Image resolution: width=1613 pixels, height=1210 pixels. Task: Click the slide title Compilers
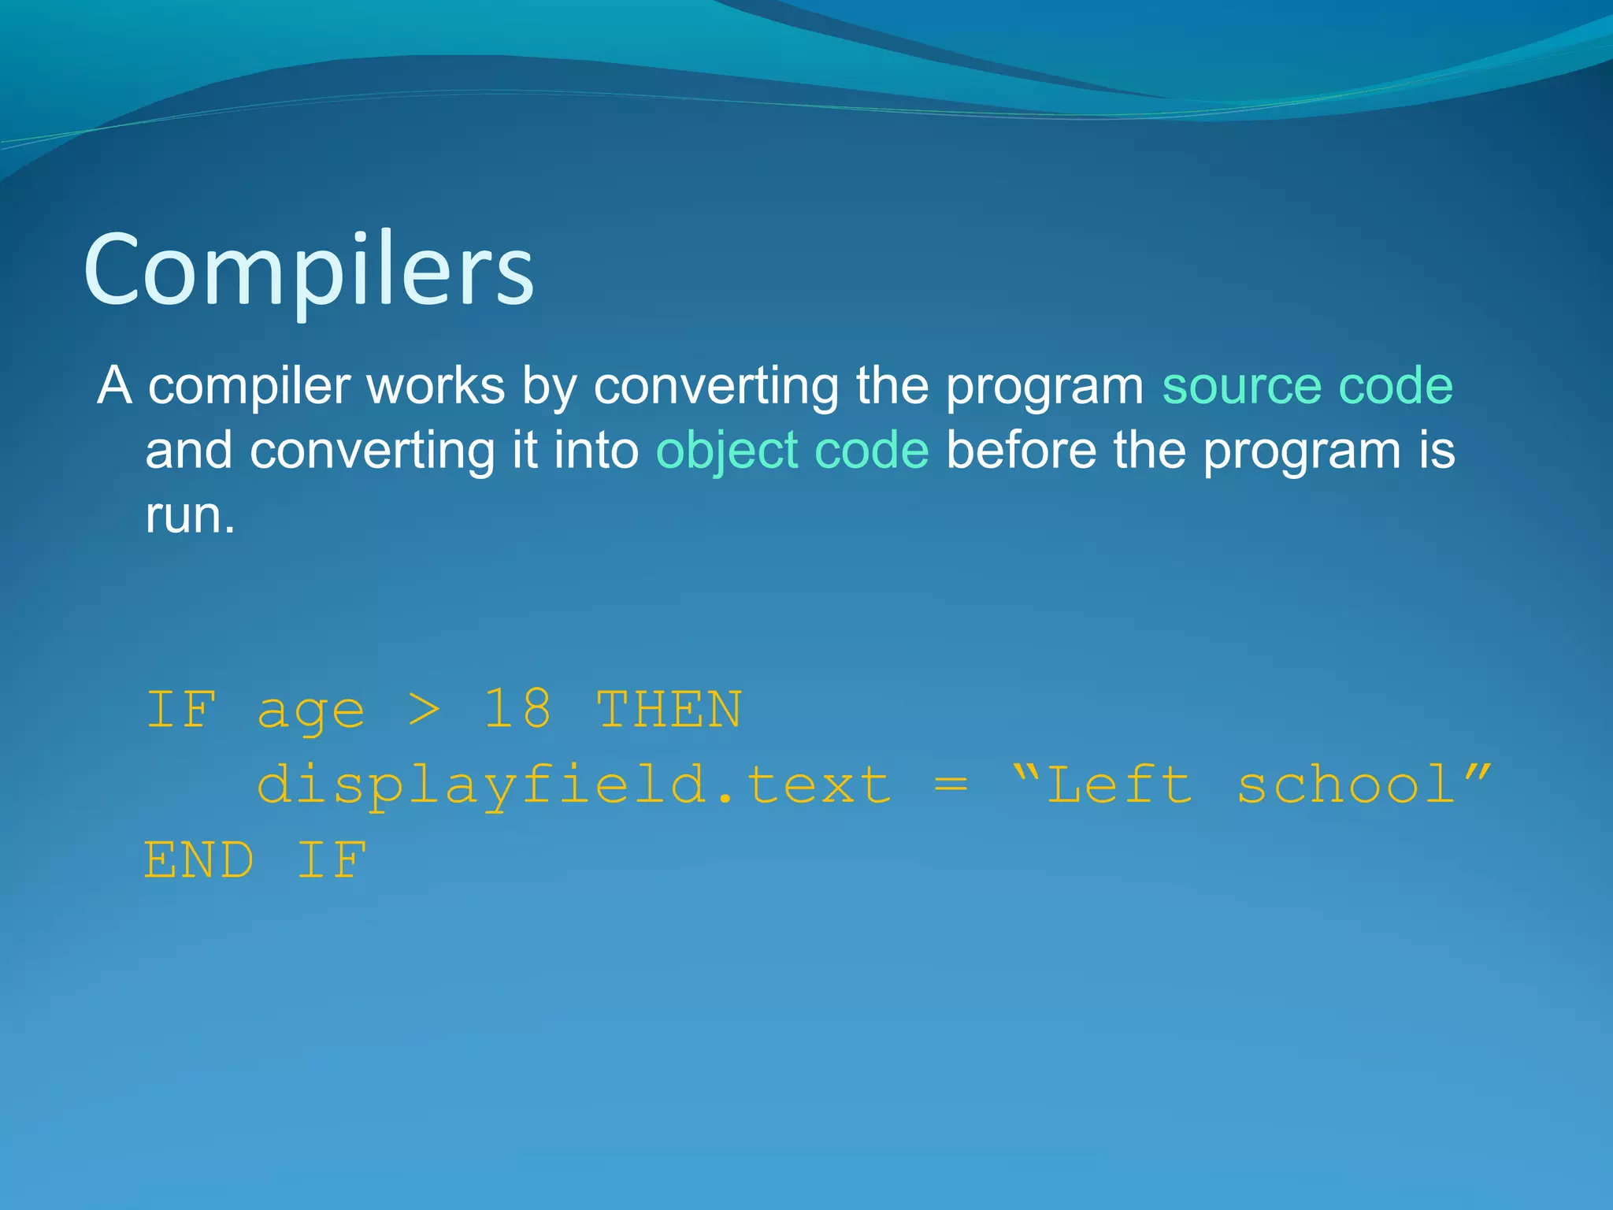[309, 270]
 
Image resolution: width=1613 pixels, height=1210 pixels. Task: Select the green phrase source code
[1307, 386]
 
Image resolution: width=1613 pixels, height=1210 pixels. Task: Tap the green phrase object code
[792, 451]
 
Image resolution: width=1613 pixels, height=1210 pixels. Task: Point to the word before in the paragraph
[1021, 451]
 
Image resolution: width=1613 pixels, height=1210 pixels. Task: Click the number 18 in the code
[517, 709]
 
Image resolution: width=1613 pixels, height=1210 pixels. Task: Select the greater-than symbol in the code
[425, 709]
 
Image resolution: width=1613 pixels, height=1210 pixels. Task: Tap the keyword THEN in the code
[669, 709]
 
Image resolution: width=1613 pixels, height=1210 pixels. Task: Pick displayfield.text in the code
[575, 785]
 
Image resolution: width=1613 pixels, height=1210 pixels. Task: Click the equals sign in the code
[951, 785]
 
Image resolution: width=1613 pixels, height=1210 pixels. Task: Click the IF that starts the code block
[181, 709]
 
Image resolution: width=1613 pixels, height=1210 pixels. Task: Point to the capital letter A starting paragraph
[115, 386]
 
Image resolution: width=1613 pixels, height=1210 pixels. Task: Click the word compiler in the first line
[249, 388]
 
